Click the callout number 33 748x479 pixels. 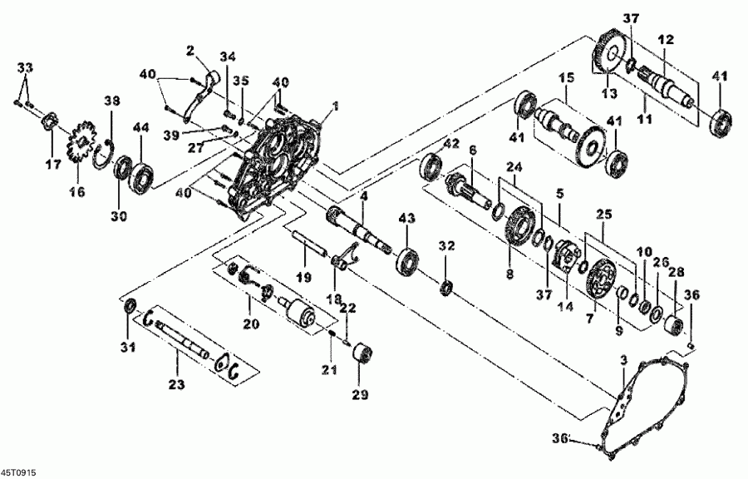point(26,67)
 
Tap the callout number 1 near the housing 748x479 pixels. point(336,106)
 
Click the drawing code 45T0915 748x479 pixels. point(17,472)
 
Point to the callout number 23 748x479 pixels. point(176,384)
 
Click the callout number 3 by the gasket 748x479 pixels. point(622,359)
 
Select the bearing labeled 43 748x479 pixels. point(406,260)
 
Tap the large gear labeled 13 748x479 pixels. point(610,56)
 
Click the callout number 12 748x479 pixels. point(665,39)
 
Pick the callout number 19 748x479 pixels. point(304,276)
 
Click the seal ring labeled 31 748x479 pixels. point(130,309)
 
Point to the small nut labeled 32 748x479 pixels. point(447,288)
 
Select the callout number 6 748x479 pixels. point(472,150)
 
